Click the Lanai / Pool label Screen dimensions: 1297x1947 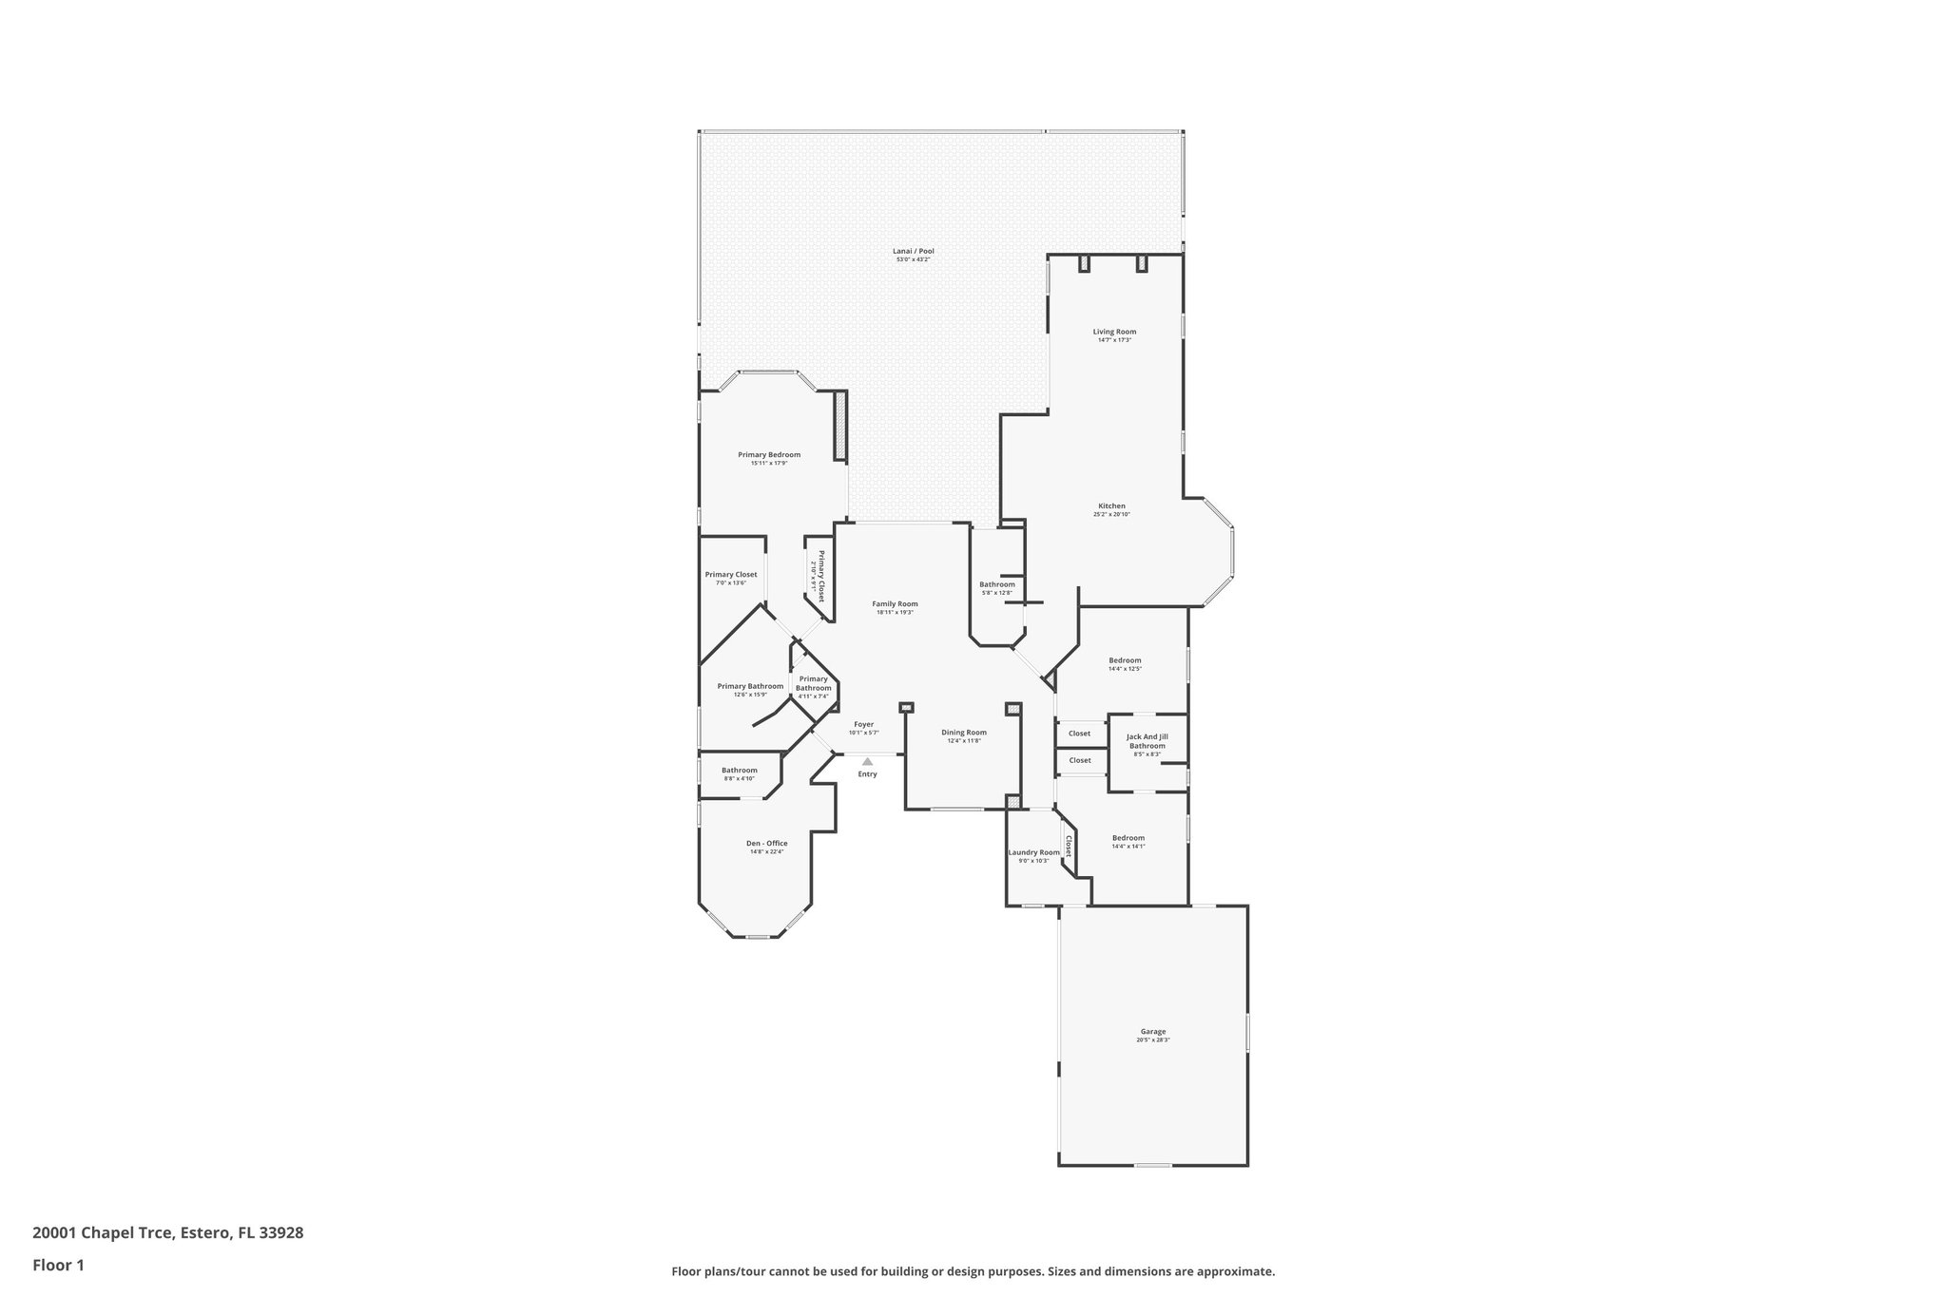click(913, 251)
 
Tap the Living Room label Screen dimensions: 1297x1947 click(1114, 332)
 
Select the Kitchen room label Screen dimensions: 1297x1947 click(1111, 506)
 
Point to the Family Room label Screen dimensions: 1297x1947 click(895, 603)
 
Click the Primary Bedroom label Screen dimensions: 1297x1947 click(769, 454)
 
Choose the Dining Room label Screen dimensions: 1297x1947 click(964, 733)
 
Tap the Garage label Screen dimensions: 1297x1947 click(1152, 1031)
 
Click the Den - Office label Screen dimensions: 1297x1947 click(766, 843)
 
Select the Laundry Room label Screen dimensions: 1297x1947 click(1033, 852)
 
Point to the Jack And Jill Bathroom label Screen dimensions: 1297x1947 click(1147, 740)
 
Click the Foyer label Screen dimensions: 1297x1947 click(863, 724)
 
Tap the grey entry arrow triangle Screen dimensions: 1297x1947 click(867, 761)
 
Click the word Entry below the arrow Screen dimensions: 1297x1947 click(867, 774)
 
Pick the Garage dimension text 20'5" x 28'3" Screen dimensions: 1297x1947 click(1152, 1040)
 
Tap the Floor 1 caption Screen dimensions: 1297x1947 click(59, 1265)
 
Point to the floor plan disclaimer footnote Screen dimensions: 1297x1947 click(973, 1271)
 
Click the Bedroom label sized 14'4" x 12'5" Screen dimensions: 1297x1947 click(1125, 660)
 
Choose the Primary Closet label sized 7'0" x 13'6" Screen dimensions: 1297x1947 click(731, 574)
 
